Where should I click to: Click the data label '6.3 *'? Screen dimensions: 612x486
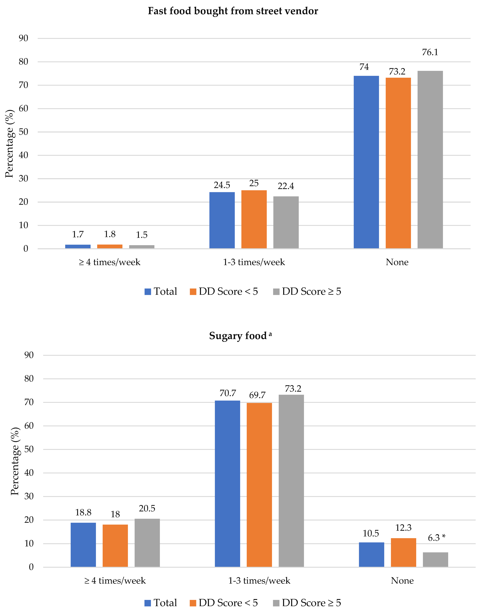click(436, 538)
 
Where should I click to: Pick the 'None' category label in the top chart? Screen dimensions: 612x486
click(397, 262)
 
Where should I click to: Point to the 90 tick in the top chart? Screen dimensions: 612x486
click(24, 38)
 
